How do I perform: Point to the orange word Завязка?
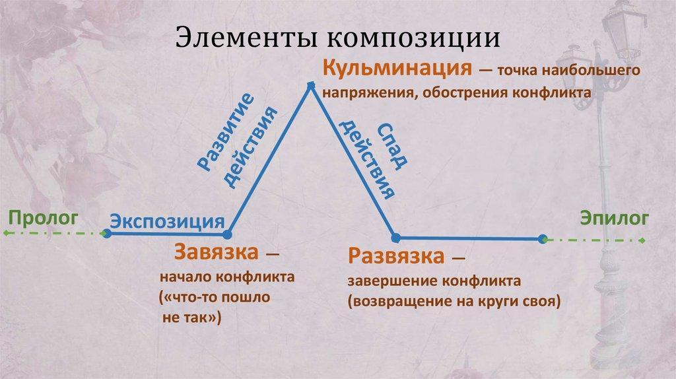point(216,252)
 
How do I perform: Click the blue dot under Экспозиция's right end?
point(228,234)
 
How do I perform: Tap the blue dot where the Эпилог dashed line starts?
point(543,238)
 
